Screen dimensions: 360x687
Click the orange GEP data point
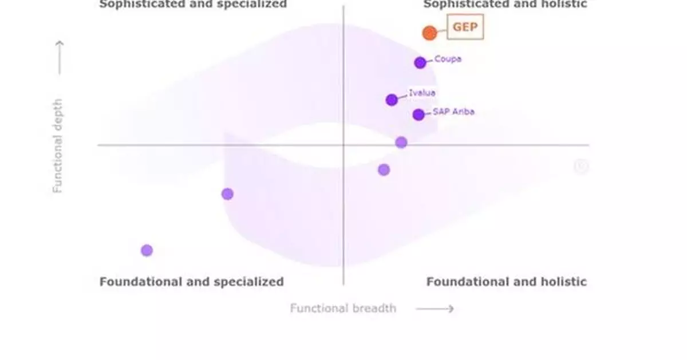[429, 33]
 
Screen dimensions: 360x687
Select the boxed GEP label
[465, 27]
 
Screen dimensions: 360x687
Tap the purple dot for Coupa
[420, 63]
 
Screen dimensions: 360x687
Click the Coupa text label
[448, 59]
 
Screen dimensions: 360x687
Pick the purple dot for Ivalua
[392, 100]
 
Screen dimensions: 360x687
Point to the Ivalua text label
[422, 93]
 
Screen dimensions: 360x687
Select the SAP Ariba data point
[418, 114]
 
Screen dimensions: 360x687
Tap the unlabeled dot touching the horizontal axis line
[401, 143]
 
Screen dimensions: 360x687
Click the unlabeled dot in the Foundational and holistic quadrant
[384, 169]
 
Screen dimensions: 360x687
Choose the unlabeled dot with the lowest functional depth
[147, 250]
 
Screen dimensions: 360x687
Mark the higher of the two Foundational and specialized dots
[227, 194]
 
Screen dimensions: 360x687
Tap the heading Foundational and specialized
[191, 282]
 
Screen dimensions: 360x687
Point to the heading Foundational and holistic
[506, 282]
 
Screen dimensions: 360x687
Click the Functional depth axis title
[58, 145]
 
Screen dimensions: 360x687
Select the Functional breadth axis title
[342, 308]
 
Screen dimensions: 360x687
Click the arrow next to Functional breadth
[435, 309]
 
